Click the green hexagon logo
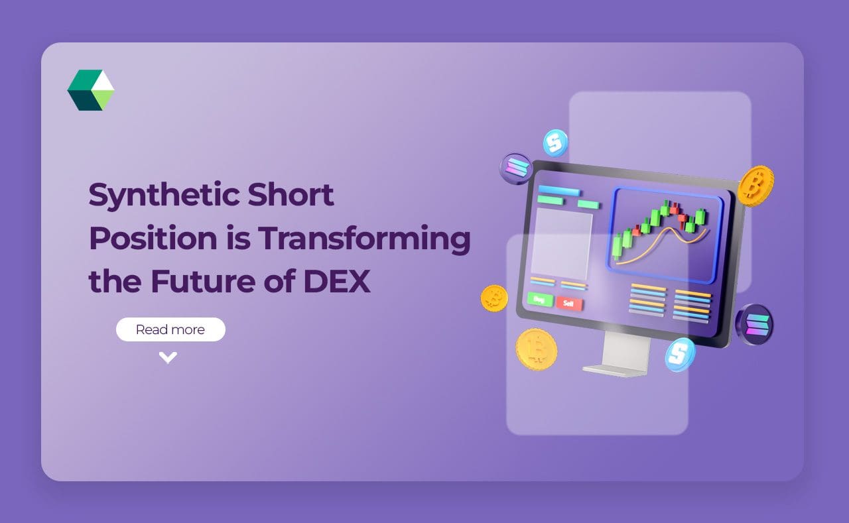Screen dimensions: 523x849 click(x=91, y=90)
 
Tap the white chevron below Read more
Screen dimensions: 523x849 click(x=168, y=358)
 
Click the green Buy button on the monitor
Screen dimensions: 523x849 click(x=539, y=300)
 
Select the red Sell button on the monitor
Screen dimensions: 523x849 click(x=569, y=304)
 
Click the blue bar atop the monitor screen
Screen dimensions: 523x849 click(x=558, y=192)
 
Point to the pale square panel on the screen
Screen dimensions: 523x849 click(x=562, y=243)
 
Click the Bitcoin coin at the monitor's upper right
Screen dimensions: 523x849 click(x=755, y=186)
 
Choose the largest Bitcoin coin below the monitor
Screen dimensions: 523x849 click(x=537, y=349)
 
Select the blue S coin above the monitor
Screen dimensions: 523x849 click(x=555, y=143)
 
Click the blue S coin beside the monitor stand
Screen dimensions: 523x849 click(x=680, y=354)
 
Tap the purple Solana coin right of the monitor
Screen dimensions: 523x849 click(x=754, y=324)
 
